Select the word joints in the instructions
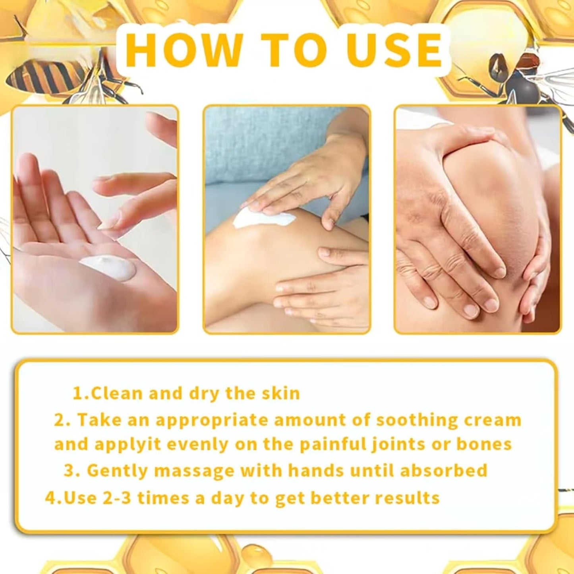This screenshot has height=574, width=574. click(400, 445)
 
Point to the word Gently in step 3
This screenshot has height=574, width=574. click(117, 471)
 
